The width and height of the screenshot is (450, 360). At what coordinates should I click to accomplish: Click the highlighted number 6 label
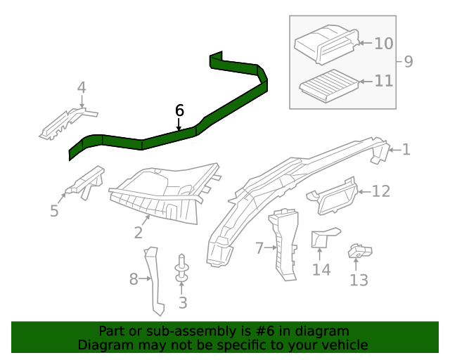click(x=179, y=110)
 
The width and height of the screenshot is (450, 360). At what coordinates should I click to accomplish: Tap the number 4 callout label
click(x=82, y=88)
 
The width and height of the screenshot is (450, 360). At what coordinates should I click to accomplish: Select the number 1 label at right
click(x=406, y=149)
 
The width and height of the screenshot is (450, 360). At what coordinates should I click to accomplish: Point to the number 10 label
click(x=383, y=44)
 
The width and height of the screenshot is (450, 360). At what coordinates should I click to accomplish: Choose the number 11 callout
click(x=383, y=82)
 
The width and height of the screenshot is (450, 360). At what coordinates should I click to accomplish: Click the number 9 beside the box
click(x=408, y=62)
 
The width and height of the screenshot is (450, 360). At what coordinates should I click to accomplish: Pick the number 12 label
click(x=380, y=191)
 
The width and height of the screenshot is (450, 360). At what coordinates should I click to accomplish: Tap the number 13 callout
click(x=359, y=281)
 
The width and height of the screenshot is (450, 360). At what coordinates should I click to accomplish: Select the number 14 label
click(x=321, y=269)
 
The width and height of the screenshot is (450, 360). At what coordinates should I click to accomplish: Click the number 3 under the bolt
click(x=183, y=303)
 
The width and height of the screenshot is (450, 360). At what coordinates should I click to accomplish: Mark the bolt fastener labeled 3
click(x=182, y=270)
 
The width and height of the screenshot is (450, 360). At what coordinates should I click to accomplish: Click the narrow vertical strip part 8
click(x=155, y=281)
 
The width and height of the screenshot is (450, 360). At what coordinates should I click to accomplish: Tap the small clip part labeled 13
click(x=359, y=251)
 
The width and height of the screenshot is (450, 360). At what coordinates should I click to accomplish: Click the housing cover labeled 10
click(x=325, y=44)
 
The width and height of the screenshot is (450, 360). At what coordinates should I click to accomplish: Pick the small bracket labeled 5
click(x=84, y=182)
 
